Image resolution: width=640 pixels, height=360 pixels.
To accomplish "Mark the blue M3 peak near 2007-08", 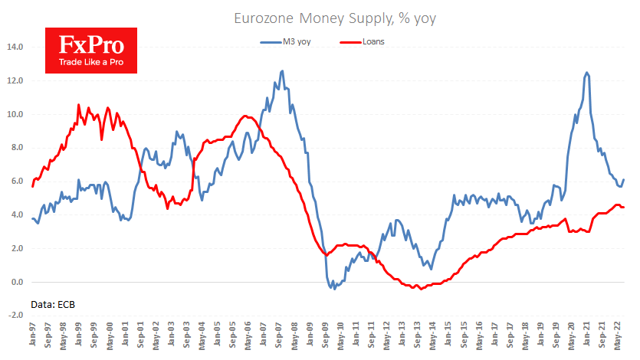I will pyautogui.click(x=282, y=71).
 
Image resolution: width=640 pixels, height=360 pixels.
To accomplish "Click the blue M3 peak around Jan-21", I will pyautogui.click(x=586, y=73).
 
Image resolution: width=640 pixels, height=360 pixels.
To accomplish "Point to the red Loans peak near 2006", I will pyautogui.click(x=245, y=116).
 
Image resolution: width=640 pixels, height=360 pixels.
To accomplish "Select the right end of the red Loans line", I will pyautogui.click(x=623, y=207).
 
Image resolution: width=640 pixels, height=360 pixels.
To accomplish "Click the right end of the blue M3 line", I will pyautogui.click(x=623, y=180).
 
